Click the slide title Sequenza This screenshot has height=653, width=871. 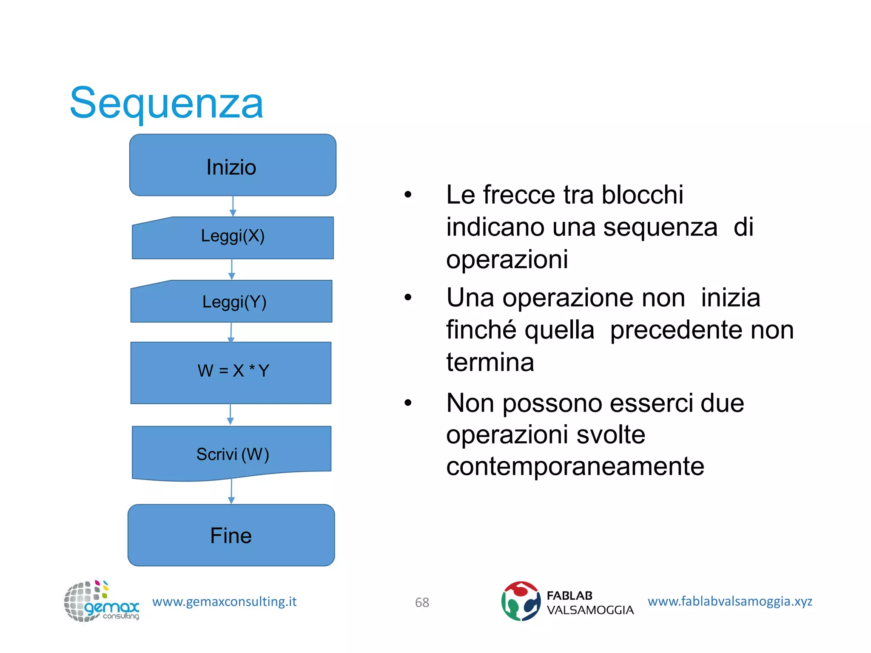166,103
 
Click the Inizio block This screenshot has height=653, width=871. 233,165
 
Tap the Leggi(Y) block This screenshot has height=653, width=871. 232,301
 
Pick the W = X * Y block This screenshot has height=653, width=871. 231,372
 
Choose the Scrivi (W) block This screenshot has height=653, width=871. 232,452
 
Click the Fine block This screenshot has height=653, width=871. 231,535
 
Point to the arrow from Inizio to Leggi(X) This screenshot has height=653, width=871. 233,206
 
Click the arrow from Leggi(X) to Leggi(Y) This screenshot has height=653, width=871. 232,269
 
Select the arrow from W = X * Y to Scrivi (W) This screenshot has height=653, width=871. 231,415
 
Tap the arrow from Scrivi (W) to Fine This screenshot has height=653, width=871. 231,491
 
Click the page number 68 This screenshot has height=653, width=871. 422,602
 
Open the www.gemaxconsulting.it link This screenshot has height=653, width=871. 224,602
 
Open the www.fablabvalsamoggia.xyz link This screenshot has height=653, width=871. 729,601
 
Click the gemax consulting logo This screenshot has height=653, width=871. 101,601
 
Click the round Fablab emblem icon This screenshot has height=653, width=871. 520,601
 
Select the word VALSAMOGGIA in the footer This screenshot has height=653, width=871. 590,610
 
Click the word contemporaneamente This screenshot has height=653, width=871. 575,466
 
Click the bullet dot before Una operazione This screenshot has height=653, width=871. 408,298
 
